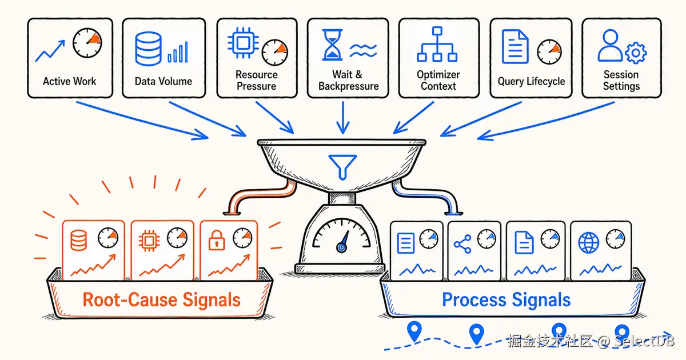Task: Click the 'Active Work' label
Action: (70, 81)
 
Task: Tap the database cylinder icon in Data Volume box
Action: (148, 49)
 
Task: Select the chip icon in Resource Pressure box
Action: (243, 43)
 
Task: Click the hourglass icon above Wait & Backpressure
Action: (332, 45)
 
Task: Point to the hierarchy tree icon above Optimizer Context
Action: (437, 45)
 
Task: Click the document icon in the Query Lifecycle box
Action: (515, 46)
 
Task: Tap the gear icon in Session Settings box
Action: (636, 53)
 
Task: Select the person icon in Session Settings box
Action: (610, 45)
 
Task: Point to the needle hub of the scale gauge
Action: (341, 247)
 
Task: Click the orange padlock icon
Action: (217, 241)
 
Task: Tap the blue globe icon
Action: (588, 243)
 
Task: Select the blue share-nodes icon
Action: (462, 244)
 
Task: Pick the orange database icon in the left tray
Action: (79, 241)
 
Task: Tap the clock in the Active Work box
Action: (87, 43)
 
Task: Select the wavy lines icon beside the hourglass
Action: (363, 50)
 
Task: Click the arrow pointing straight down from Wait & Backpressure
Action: (343, 118)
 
